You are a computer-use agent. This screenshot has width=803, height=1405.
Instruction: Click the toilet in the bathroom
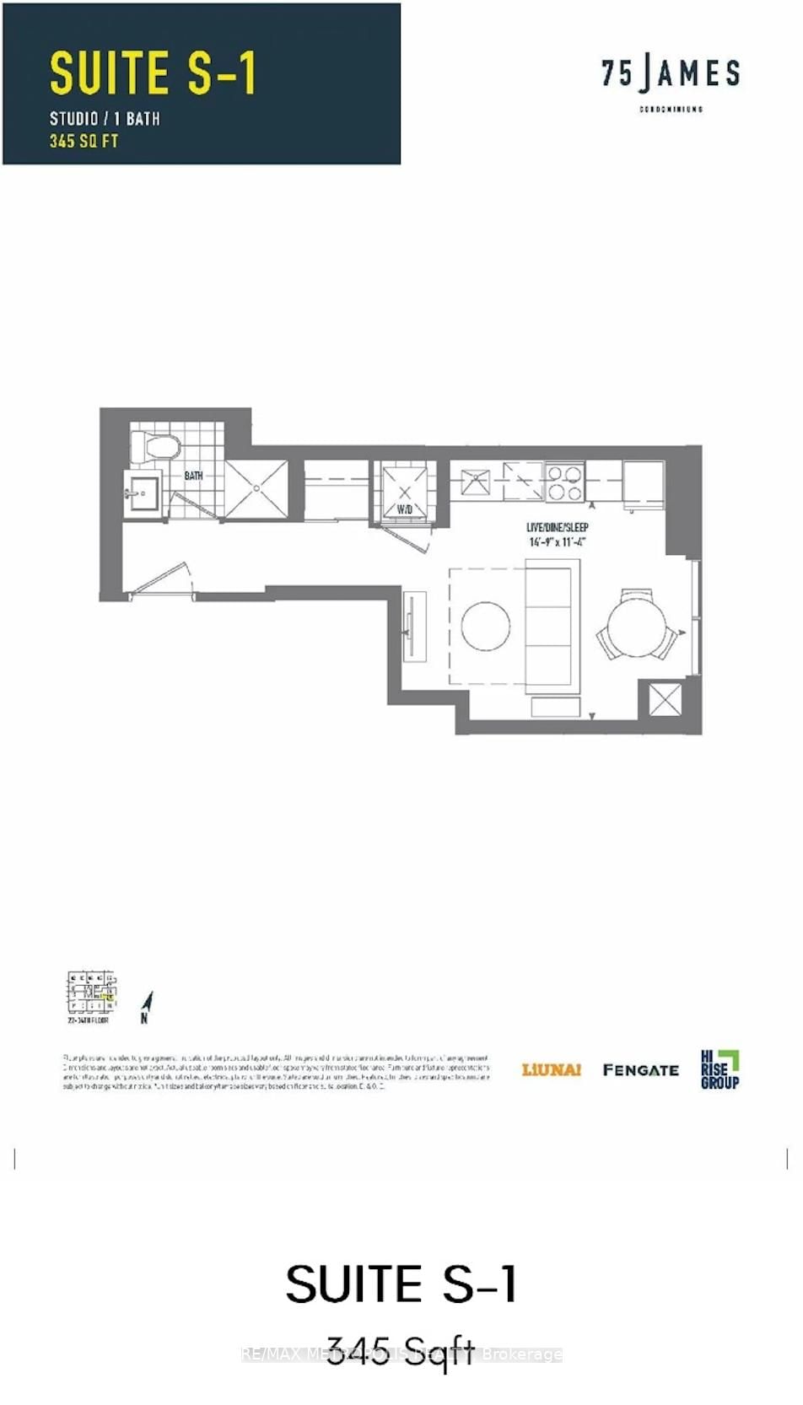[155, 447]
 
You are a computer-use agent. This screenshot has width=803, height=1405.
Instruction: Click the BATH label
[193, 476]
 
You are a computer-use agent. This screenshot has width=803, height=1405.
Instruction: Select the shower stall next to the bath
[256, 488]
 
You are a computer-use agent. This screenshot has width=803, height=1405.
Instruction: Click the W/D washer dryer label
[405, 509]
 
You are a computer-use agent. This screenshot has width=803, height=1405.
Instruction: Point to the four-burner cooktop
[564, 482]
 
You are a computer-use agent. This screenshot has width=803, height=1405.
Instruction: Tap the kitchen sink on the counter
[476, 482]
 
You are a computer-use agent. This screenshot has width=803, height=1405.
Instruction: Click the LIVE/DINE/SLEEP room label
[557, 527]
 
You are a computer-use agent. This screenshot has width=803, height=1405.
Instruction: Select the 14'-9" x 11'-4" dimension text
[557, 542]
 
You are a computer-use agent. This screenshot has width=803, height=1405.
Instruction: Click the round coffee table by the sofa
[486, 626]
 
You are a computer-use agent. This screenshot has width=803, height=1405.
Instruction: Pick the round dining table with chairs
[637, 628]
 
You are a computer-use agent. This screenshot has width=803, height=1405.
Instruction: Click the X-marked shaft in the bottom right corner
[665, 699]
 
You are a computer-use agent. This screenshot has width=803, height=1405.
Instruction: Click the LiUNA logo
[552, 1070]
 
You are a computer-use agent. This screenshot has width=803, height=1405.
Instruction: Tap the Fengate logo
[641, 1070]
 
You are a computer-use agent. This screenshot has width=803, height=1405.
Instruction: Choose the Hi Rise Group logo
[719, 1069]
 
